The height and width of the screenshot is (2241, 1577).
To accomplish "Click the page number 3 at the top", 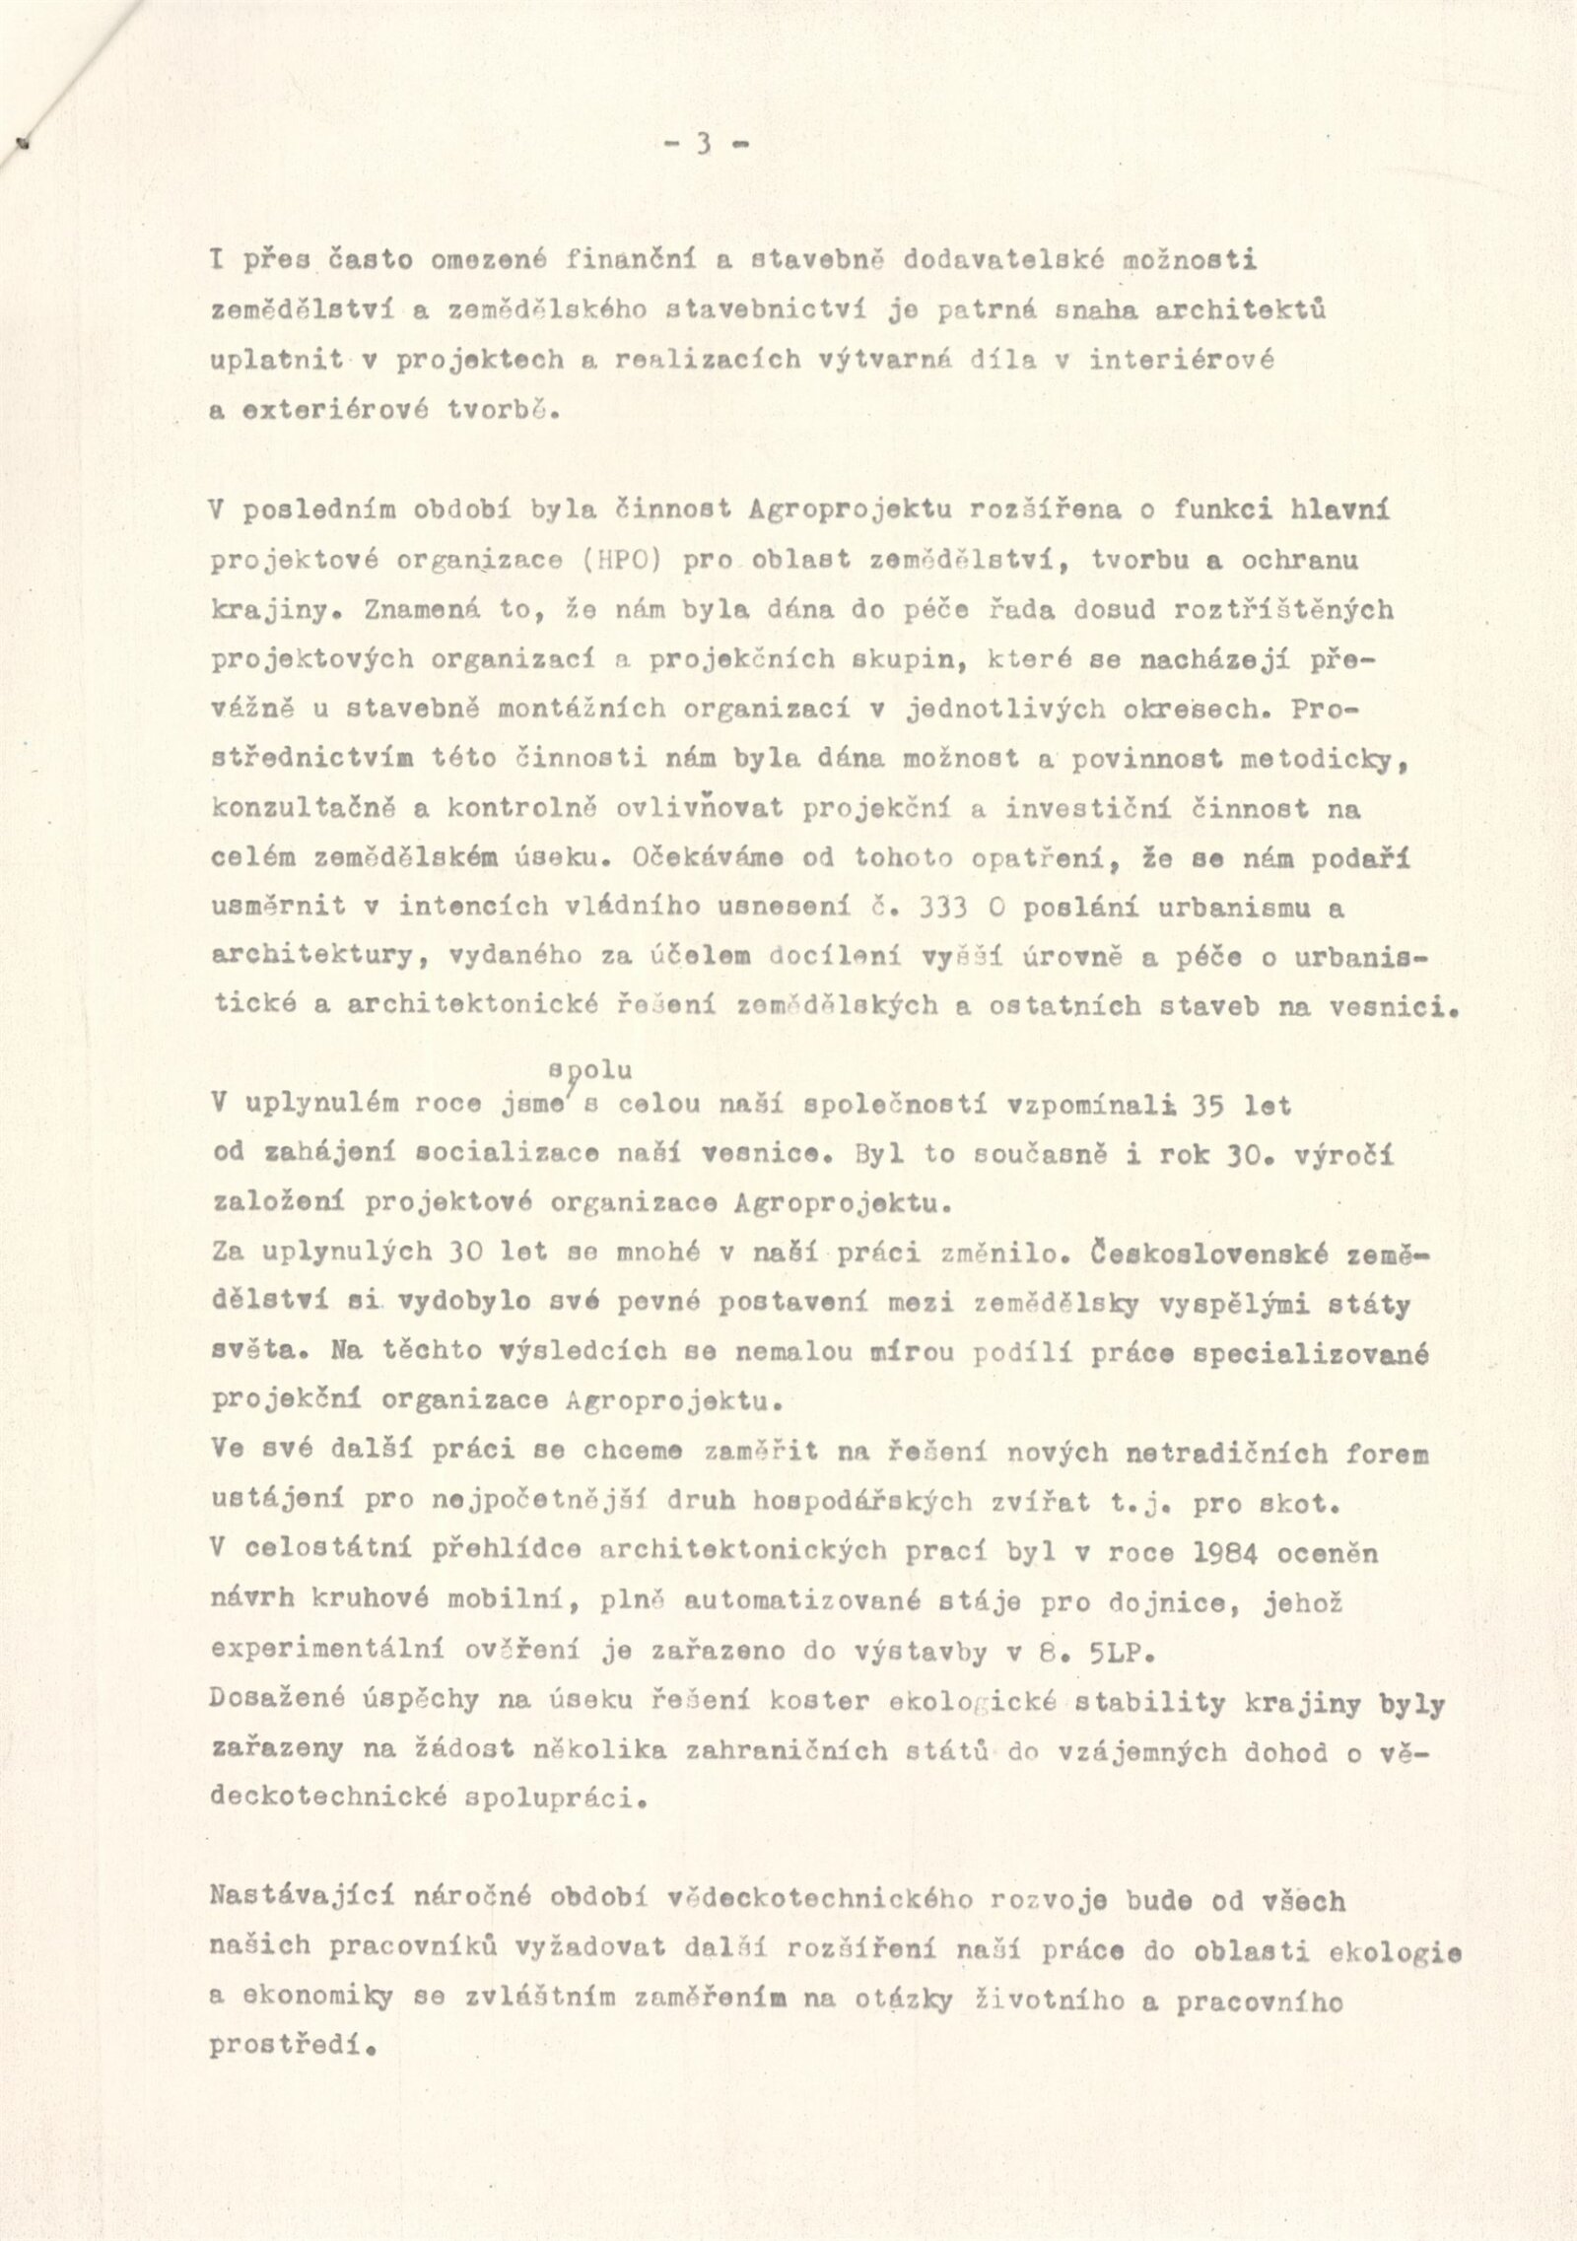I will [704, 145].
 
